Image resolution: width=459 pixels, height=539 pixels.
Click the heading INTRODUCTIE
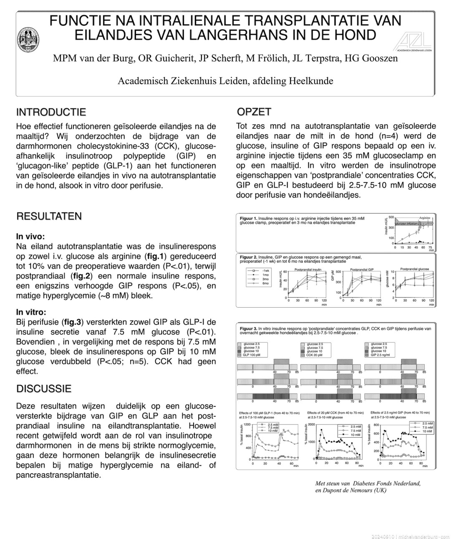point(51,112)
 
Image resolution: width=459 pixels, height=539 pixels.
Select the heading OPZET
point(254,112)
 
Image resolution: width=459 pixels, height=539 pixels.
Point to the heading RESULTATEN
point(49,216)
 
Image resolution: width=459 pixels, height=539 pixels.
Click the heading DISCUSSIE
point(44,389)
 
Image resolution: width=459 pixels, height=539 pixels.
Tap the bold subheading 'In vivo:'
point(30,236)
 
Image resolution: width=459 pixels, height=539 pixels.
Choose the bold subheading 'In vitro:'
point(31,312)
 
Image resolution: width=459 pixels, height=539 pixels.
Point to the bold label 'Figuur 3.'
point(248,328)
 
